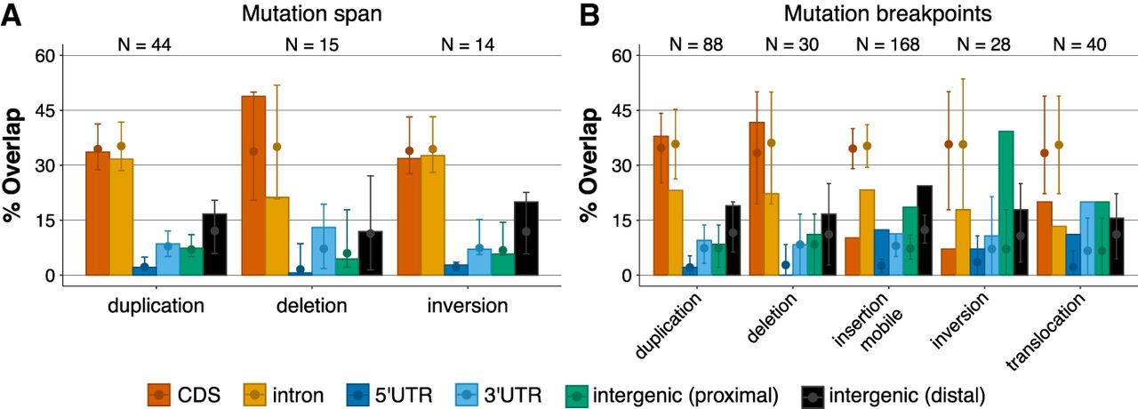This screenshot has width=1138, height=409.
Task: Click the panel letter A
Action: (x=12, y=15)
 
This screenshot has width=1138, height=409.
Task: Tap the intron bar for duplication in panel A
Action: (x=121, y=217)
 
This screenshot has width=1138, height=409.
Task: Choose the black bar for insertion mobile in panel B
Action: (x=924, y=230)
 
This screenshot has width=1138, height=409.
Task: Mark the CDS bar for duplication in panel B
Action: (x=661, y=205)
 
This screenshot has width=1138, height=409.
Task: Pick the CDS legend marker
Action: (x=159, y=393)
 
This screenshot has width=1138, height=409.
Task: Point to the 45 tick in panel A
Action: (x=44, y=110)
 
